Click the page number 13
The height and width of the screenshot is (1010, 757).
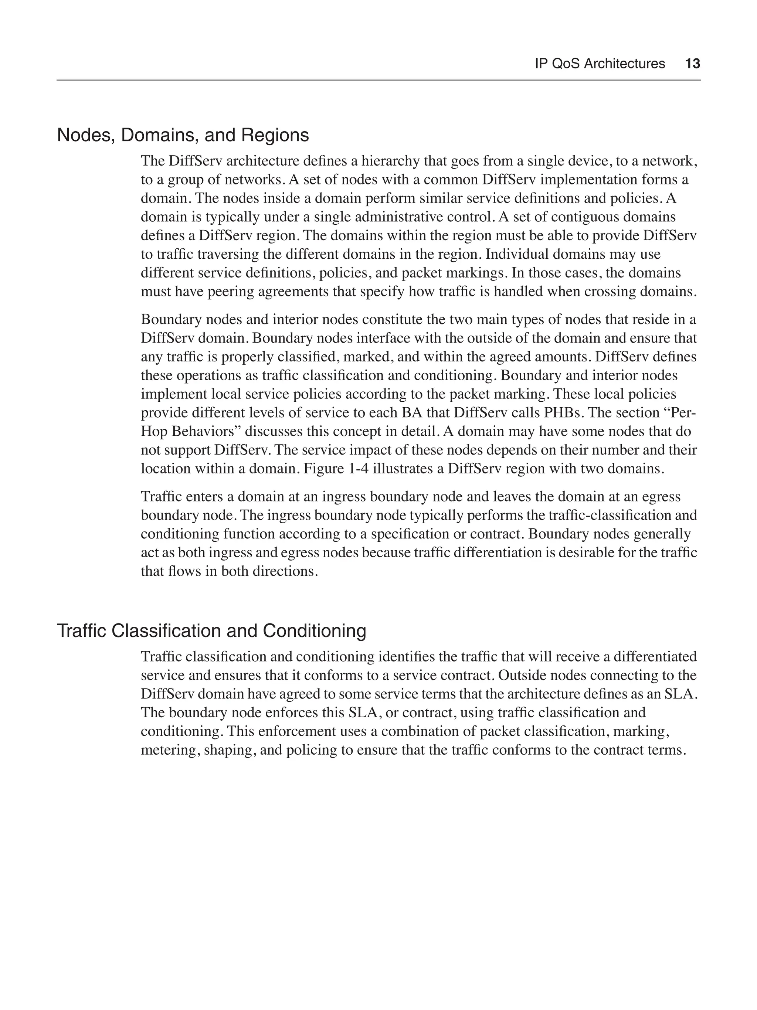(692, 64)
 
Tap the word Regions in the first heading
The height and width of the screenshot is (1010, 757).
(275, 136)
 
